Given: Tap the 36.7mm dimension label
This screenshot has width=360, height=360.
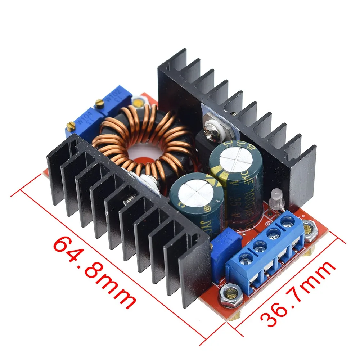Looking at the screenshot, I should (298, 293).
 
